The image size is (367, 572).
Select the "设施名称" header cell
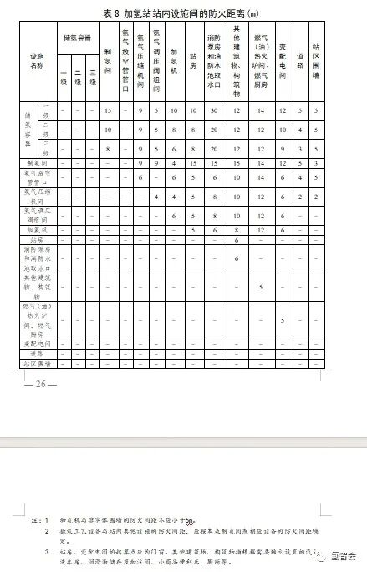click(x=36, y=61)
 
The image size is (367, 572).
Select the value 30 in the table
click(x=214, y=110)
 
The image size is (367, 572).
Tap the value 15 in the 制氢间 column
click(x=108, y=110)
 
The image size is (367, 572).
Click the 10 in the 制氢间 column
click(x=108, y=130)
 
